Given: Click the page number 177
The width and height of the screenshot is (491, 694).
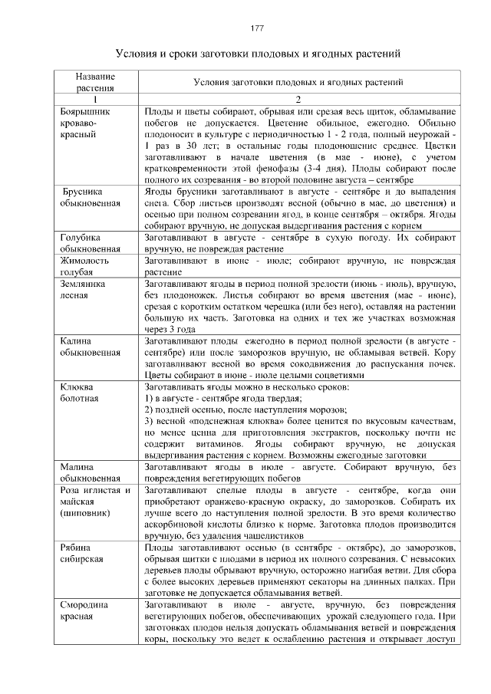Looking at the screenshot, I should coord(257,29).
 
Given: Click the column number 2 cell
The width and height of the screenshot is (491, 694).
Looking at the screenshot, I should coord(299,100).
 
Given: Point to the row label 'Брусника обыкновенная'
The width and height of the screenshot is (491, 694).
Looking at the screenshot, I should coord(91,198).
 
